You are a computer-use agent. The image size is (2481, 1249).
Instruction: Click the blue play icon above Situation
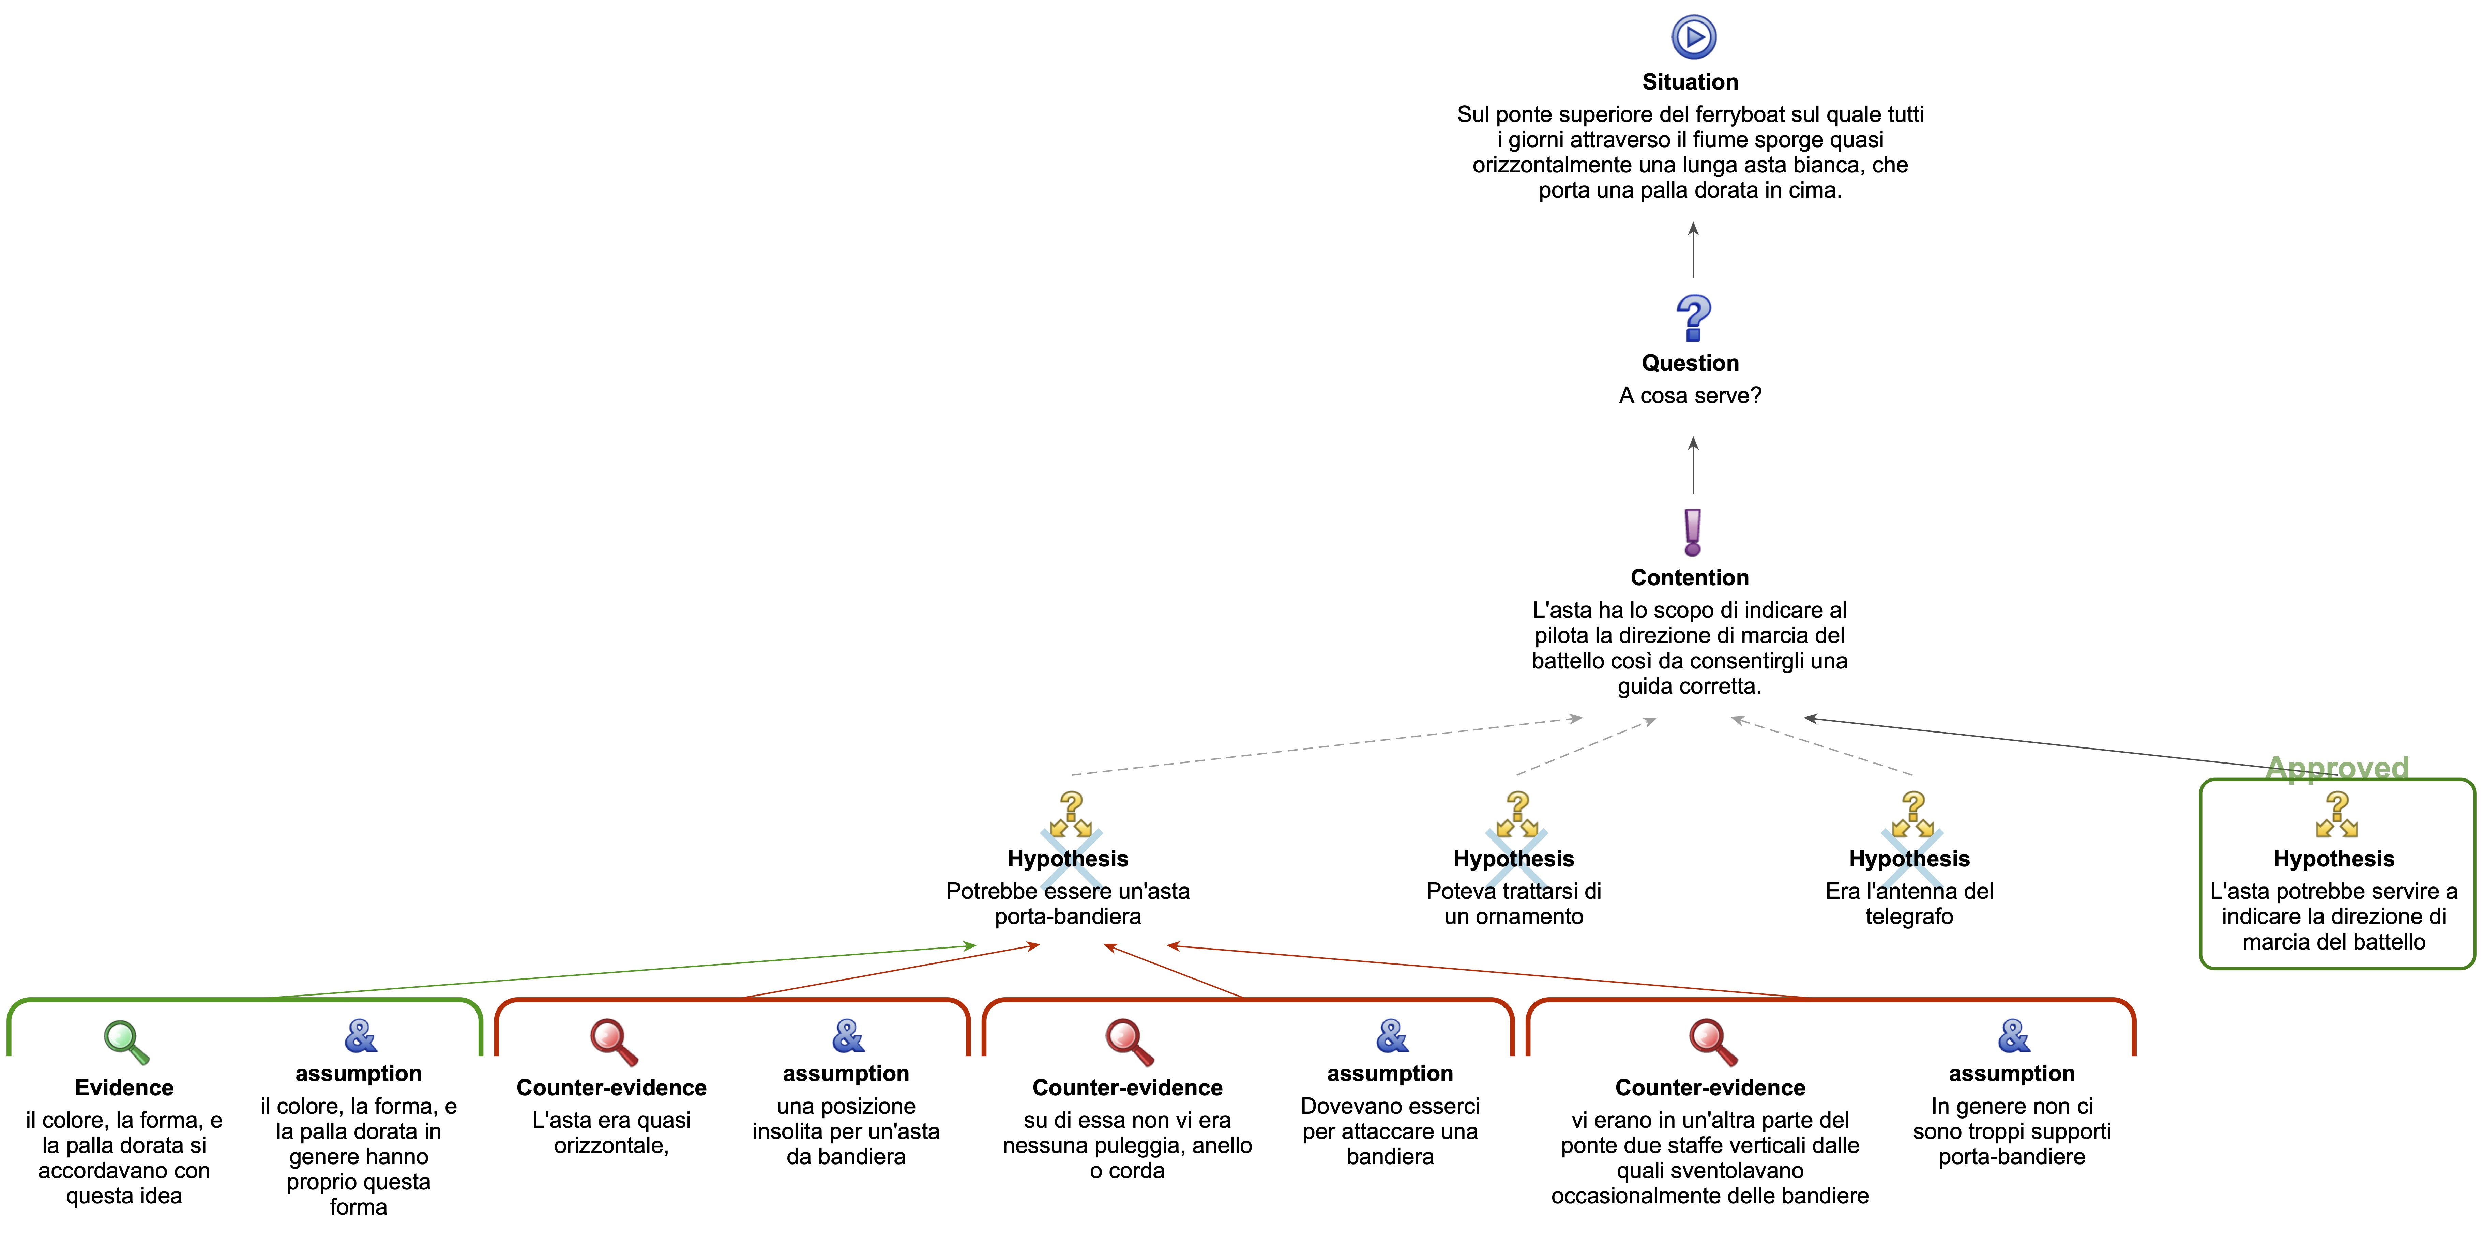(x=1693, y=37)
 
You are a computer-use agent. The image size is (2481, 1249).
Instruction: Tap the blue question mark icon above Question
(x=1693, y=318)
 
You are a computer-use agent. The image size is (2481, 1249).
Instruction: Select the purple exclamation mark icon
(x=1692, y=533)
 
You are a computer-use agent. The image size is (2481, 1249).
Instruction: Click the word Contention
(x=1689, y=578)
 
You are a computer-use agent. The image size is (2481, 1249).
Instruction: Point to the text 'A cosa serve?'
(x=1690, y=396)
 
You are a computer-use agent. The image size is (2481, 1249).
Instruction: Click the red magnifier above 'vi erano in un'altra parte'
(x=1711, y=1042)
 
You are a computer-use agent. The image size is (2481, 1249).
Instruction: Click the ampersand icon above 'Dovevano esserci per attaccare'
(x=1392, y=1036)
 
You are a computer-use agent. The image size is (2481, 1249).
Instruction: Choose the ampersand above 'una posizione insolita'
(x=848, y=1036)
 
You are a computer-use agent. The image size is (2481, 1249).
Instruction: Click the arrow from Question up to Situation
(x=1693, y=250)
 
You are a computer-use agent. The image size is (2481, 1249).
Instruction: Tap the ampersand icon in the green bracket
(x=360, y=1036)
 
